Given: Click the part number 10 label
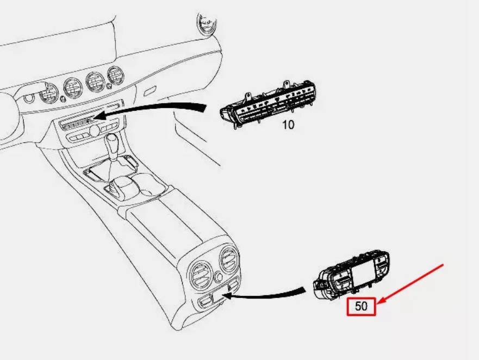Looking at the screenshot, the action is pyautogui.click(x=288, y=125).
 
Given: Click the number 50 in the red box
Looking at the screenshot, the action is pyautogui.click(x=361, y=306).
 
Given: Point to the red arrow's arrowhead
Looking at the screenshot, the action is pyautogui.click(x=381, y=301).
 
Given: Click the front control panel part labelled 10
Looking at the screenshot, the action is pyautogui.click(x=268, y=105).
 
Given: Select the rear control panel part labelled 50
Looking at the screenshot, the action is pyautogui.click(x=351, y=275).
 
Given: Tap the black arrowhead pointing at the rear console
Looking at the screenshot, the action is pyautogui.click(x=228, y=295).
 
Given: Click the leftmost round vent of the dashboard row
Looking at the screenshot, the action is pyautogui.click(x=48, y=93).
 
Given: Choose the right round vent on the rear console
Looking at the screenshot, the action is pyautogui.click(x=229, y=260).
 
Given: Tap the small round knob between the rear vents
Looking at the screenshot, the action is pyautogui.click(x=218, y=277).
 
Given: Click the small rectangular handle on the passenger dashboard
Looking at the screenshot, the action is pyautogui.click(x=150, y=91).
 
